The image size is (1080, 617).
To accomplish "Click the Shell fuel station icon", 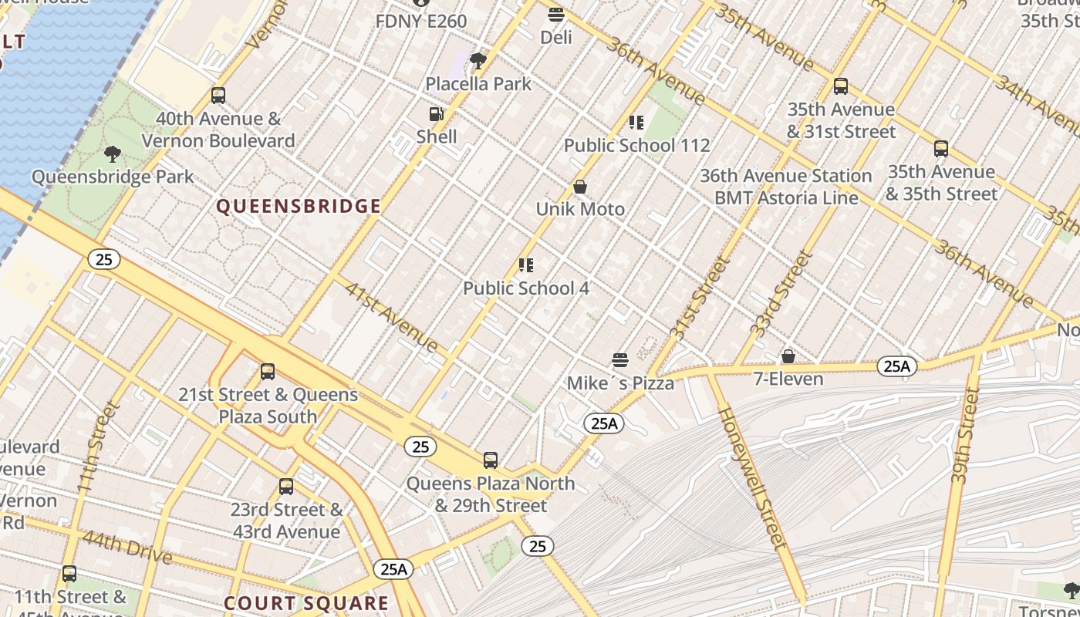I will pyautogui.click(x=437, y=114).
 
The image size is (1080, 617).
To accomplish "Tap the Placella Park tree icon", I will pyautogui.click(x=478, y=60).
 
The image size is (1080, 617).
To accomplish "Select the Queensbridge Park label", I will pyautogui.click(x=113, y=177).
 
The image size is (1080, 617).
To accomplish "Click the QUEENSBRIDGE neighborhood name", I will pyautogui.click(x=299, y=206).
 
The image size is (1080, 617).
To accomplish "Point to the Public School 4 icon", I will pyautogui.click(x=526, y=266).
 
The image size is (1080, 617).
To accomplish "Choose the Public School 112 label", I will pyautogui.click(x=636, y=145).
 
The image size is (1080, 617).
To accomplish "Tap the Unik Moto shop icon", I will pyautogui.click(x=580, y=187).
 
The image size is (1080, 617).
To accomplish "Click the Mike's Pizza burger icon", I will pyautogui.click(x=620, y=360).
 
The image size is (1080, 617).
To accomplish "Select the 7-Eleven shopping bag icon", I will pyautogui.click(x=788, y=356).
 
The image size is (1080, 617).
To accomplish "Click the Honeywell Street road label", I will pyautogui.click(x=752, y=478).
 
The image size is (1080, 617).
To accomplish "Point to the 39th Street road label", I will pyautogui.click(x=964, y=436).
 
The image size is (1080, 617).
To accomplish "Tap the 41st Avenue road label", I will pyautogui.click(x=392, y=317).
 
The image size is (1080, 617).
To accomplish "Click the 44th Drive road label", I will pyautogui.click(x=127, y=546).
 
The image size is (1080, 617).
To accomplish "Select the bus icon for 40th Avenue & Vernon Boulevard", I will pyautogui.click(x=218, y=96).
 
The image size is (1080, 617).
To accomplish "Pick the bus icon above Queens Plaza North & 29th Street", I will pyautogui.click(x=491, y=460).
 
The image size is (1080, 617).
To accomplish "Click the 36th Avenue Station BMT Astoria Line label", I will pyautogui.click(x=785, y=187).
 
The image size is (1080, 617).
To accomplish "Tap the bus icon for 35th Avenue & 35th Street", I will pyautogui.click(x=940, y=149).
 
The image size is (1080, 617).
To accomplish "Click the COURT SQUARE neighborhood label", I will pyautogui.click(x=306, y=602).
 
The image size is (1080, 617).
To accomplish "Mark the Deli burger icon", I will pyautogui.click(x=556, y=14).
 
